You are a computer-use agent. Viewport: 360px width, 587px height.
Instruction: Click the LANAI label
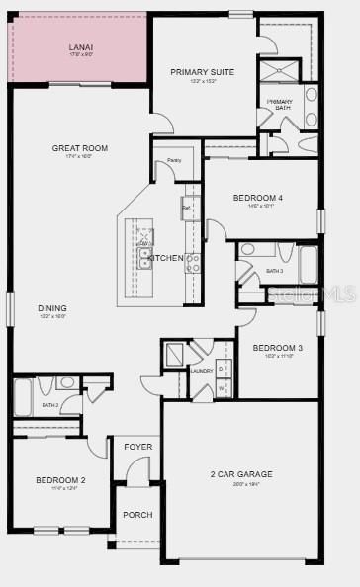(x=80, y=47)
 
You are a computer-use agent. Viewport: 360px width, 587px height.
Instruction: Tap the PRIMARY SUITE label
(x=202, y=72)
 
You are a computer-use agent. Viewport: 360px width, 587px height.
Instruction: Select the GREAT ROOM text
(x=80, y=148)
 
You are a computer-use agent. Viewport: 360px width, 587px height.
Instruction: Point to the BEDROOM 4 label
(x=258, y=198)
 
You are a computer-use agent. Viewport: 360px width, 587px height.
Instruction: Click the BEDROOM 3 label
(x=277, y=348)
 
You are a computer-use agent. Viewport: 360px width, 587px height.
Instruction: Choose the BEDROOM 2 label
(x=60, y=480)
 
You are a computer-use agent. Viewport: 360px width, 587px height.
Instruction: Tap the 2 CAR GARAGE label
(x=240, y=474)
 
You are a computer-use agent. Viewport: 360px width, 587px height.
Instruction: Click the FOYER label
(x=137, y=447)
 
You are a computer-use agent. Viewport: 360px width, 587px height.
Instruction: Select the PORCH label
(x=136, y=515)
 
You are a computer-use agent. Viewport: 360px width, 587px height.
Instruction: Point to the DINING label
(x=52, y=307)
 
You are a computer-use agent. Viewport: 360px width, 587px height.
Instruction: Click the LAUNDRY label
(x=202, y=371)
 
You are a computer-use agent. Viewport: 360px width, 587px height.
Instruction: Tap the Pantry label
(x=174, y=160)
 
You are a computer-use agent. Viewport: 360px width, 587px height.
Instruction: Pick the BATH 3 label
(x=274, y=271)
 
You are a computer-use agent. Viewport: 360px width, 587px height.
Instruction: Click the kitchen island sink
(x=145, y=259)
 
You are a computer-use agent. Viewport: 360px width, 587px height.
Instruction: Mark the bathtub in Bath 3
(x=309, y=265)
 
